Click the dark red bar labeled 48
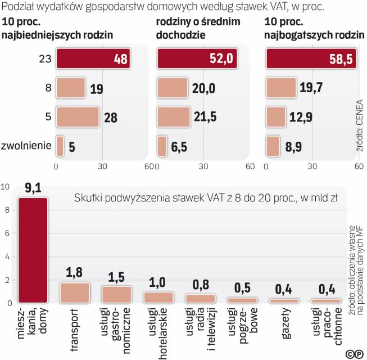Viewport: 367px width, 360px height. [x=93, y=58]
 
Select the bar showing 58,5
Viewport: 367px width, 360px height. [x=311, y=58]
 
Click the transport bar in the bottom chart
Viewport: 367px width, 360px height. [x=75, y=292]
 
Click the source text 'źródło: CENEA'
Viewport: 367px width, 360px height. [x=359, y=127]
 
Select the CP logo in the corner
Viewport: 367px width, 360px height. [x=354, y=353]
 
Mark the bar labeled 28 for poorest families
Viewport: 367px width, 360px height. [x=77, y=118]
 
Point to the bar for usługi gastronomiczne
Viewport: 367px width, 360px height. [x=116, y=294]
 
